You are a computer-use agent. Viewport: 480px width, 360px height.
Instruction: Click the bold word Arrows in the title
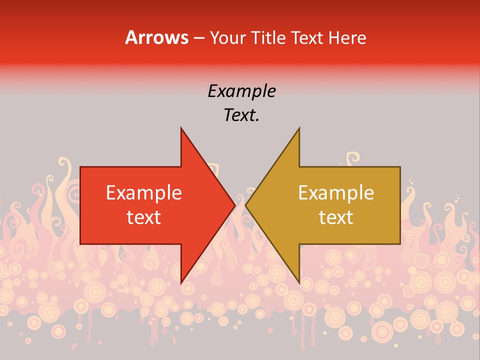(x=156, y=37)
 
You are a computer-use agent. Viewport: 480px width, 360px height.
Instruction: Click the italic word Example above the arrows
(x=241, y=91)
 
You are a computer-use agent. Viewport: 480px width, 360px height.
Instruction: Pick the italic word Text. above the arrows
(x=241, y=115)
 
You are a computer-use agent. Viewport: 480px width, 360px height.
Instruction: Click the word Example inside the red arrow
(x=144, y=192)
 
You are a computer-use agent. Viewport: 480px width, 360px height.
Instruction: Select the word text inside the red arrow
(x=144, y=217)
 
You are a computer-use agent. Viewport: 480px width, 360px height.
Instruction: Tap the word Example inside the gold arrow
(x=336, y=192)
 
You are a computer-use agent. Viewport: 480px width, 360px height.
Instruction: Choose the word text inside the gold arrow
(x=336, y=217)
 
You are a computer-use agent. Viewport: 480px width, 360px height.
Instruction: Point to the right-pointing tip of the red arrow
(x=235, y=205)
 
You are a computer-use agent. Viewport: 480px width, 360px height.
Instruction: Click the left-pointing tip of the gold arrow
(x=245, y=205)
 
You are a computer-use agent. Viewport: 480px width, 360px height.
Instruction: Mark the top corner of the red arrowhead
(x=181, y=127)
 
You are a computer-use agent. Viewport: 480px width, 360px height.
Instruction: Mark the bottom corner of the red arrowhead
(x=181, y=283)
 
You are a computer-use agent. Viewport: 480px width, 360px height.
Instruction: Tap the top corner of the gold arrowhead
(x=299, y=127)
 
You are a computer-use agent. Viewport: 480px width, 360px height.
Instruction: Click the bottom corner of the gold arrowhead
(x=299, y=283)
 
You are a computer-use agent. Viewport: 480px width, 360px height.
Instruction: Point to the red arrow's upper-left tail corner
(x=80, y=167)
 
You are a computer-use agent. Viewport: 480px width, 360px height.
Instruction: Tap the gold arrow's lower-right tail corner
(x=400, y=244)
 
